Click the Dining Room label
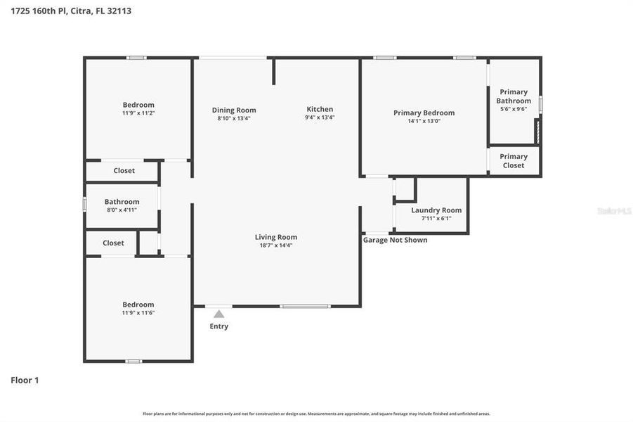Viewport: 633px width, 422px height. (x=234, y=110)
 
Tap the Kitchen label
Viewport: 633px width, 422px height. (x=320, y=109)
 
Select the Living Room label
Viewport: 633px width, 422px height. (x=275, y=237)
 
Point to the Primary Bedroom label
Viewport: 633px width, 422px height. (x=424, y=113)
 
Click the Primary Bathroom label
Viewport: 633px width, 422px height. (x=514, y=96)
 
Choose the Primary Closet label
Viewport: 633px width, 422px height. (x=514, y=161)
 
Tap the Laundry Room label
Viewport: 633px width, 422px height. (x=436, y=210)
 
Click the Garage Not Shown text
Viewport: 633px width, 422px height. (x=395, y=240)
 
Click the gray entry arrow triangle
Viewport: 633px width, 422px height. (x=219, y=314)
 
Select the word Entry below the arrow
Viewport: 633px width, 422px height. (x=219, y=326)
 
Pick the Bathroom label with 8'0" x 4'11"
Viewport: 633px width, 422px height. (x=122, y=202)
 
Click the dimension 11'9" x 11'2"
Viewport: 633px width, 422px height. (x=138, y=113)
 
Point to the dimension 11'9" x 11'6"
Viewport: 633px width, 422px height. (x=138, y=312)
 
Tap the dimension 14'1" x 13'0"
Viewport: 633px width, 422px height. (x=424, y=121)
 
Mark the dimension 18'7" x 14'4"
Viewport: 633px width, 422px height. (x=275, y=245)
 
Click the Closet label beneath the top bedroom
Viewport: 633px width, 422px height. (x=124, y=170)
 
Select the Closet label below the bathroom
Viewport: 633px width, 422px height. (x=113, y=243)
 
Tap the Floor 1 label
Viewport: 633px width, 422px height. (x=25, y=380)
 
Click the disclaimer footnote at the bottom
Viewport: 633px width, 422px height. (x=316, y=414)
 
